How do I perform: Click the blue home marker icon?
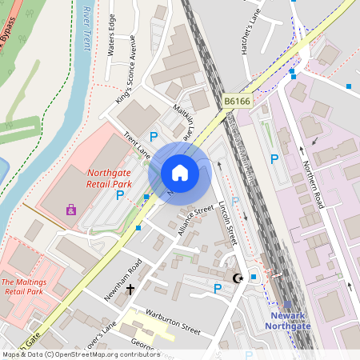coord(180,173)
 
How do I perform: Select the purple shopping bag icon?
coord(71,210)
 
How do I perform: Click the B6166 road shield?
coord(237,102)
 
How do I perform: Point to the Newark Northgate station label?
coord(287,320)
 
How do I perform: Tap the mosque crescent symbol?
coord(237,278)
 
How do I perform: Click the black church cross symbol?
coord(130,288)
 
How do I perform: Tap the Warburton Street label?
coord(167,322)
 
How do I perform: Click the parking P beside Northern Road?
coord(274,159)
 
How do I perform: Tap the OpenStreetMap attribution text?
coord(81,354)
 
